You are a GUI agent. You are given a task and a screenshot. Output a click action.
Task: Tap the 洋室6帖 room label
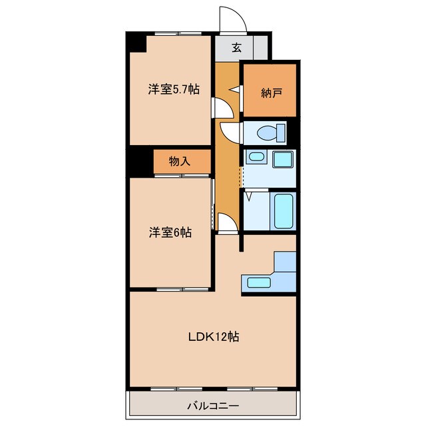tap(170, 233)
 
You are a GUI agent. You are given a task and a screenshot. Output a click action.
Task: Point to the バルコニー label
tap(213, 405)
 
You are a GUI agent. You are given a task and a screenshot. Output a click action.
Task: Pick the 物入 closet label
tap(180, 160)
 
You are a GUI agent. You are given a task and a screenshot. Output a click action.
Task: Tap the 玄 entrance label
tap(237, 47)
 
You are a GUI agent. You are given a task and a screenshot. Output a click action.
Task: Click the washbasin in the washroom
tap(257, 158)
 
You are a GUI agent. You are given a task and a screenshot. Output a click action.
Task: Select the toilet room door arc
tap(228, 132)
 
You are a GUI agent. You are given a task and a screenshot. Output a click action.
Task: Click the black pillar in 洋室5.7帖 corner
tap(136, 43)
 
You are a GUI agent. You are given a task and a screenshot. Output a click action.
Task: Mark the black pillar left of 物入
tap(140, 162)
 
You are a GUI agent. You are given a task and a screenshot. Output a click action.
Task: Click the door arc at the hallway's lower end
tap(226, 222)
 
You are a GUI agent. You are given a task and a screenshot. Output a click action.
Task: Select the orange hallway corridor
tap(226, 173)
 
